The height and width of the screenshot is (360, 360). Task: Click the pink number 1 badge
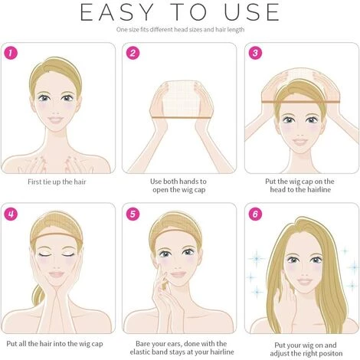(11, 53)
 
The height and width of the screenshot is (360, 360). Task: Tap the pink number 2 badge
(133, 53)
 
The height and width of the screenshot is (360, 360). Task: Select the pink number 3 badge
(255, 53)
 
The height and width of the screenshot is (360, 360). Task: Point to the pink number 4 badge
(11, 214)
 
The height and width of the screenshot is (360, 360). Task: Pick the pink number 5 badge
(133, 214)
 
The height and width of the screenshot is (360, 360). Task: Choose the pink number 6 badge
(255, 214)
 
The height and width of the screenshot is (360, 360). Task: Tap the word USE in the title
(252, 12)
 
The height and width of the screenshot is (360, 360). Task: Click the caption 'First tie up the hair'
(57, 182)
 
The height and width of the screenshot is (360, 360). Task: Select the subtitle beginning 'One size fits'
(180, 30)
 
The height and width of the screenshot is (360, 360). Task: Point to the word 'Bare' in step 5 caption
(143, 344)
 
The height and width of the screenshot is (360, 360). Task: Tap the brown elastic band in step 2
(182, 117)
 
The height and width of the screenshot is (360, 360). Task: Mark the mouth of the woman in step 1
(56, 119)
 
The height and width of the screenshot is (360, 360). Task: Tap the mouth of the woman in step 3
(300, 141)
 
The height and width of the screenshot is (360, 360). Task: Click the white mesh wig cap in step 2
(181, 98)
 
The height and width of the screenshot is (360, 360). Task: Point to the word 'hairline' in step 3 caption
(319, 190)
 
